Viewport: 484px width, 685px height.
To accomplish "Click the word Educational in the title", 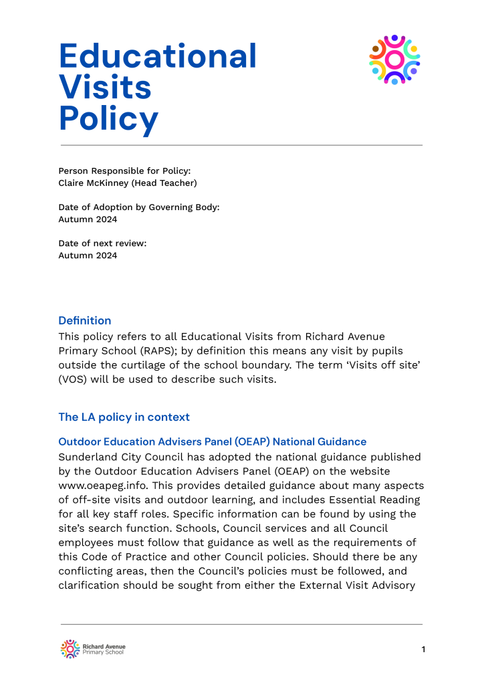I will tap(158, 56).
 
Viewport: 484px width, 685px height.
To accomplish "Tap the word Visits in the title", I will tap(105, 88).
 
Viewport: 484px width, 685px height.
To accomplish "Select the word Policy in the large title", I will tap(109, 119).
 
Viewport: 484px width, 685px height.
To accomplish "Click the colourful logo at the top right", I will tap(394, 60).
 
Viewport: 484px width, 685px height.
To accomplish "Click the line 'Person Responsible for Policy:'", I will tap(124, 171).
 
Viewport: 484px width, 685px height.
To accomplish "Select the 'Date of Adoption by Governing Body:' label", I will tap(139, 207).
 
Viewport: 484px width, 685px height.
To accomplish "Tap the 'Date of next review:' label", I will tap(102, 243).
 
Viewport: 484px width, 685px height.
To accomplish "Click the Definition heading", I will tap(85, 320).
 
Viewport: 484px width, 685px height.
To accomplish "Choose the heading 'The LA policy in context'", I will tap(124, 417).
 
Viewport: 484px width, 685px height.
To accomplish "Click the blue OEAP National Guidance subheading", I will tap(213, 442).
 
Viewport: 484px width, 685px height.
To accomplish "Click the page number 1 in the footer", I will tap(423, 650).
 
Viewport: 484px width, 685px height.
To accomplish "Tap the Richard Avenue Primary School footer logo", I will tap(92, 649).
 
